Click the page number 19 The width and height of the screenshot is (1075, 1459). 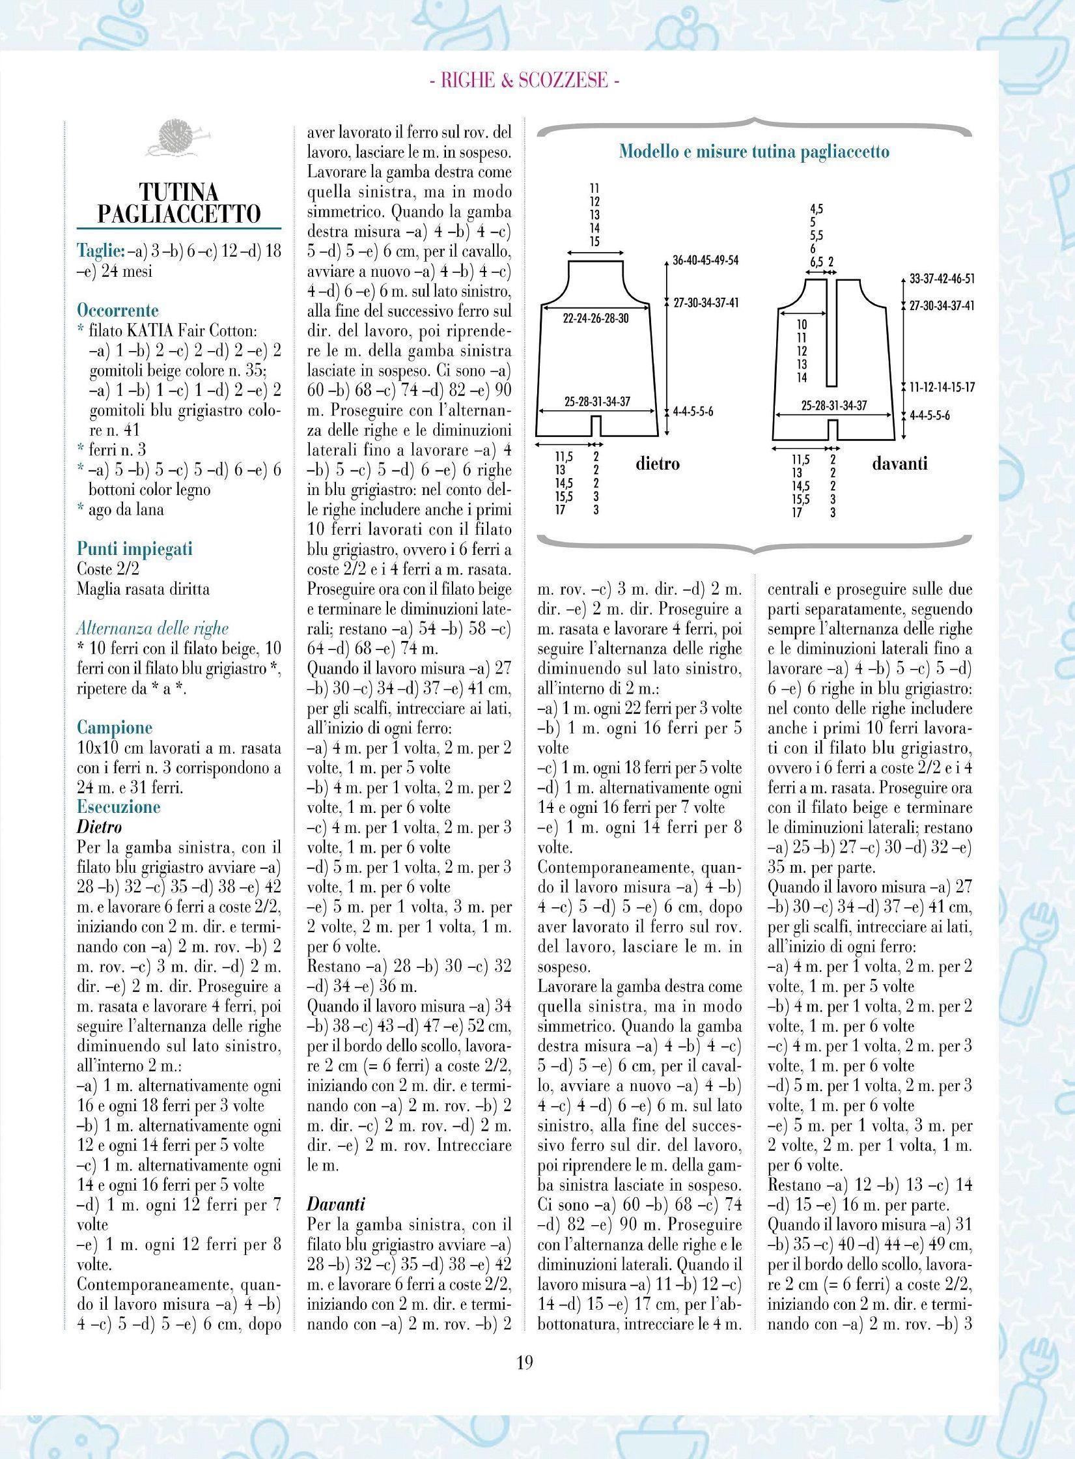click(x=525, y=1376)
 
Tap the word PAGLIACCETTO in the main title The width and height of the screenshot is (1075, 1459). click(x=178, y=214)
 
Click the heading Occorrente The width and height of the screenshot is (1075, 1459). click(x=117, y=310)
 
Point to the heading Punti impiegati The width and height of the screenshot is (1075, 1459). click(x=135, y=549)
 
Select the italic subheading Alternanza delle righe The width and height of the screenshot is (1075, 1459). click(x=152, y=629)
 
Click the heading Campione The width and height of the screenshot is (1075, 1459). click(x=114, y=728)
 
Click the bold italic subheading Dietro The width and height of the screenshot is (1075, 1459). click(x=100, y=827)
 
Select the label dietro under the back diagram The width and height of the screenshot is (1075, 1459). click(x=657, y=464)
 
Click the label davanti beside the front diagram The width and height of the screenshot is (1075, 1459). click(x=899, y=464)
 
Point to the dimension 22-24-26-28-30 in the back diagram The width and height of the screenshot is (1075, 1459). click(x=595, y=319)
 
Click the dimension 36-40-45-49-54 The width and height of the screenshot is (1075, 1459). click(x=706, y=261)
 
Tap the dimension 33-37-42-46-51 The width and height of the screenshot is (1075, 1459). click(x=942, y=279)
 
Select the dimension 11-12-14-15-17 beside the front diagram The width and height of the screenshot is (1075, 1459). click(x=942, y=388)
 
